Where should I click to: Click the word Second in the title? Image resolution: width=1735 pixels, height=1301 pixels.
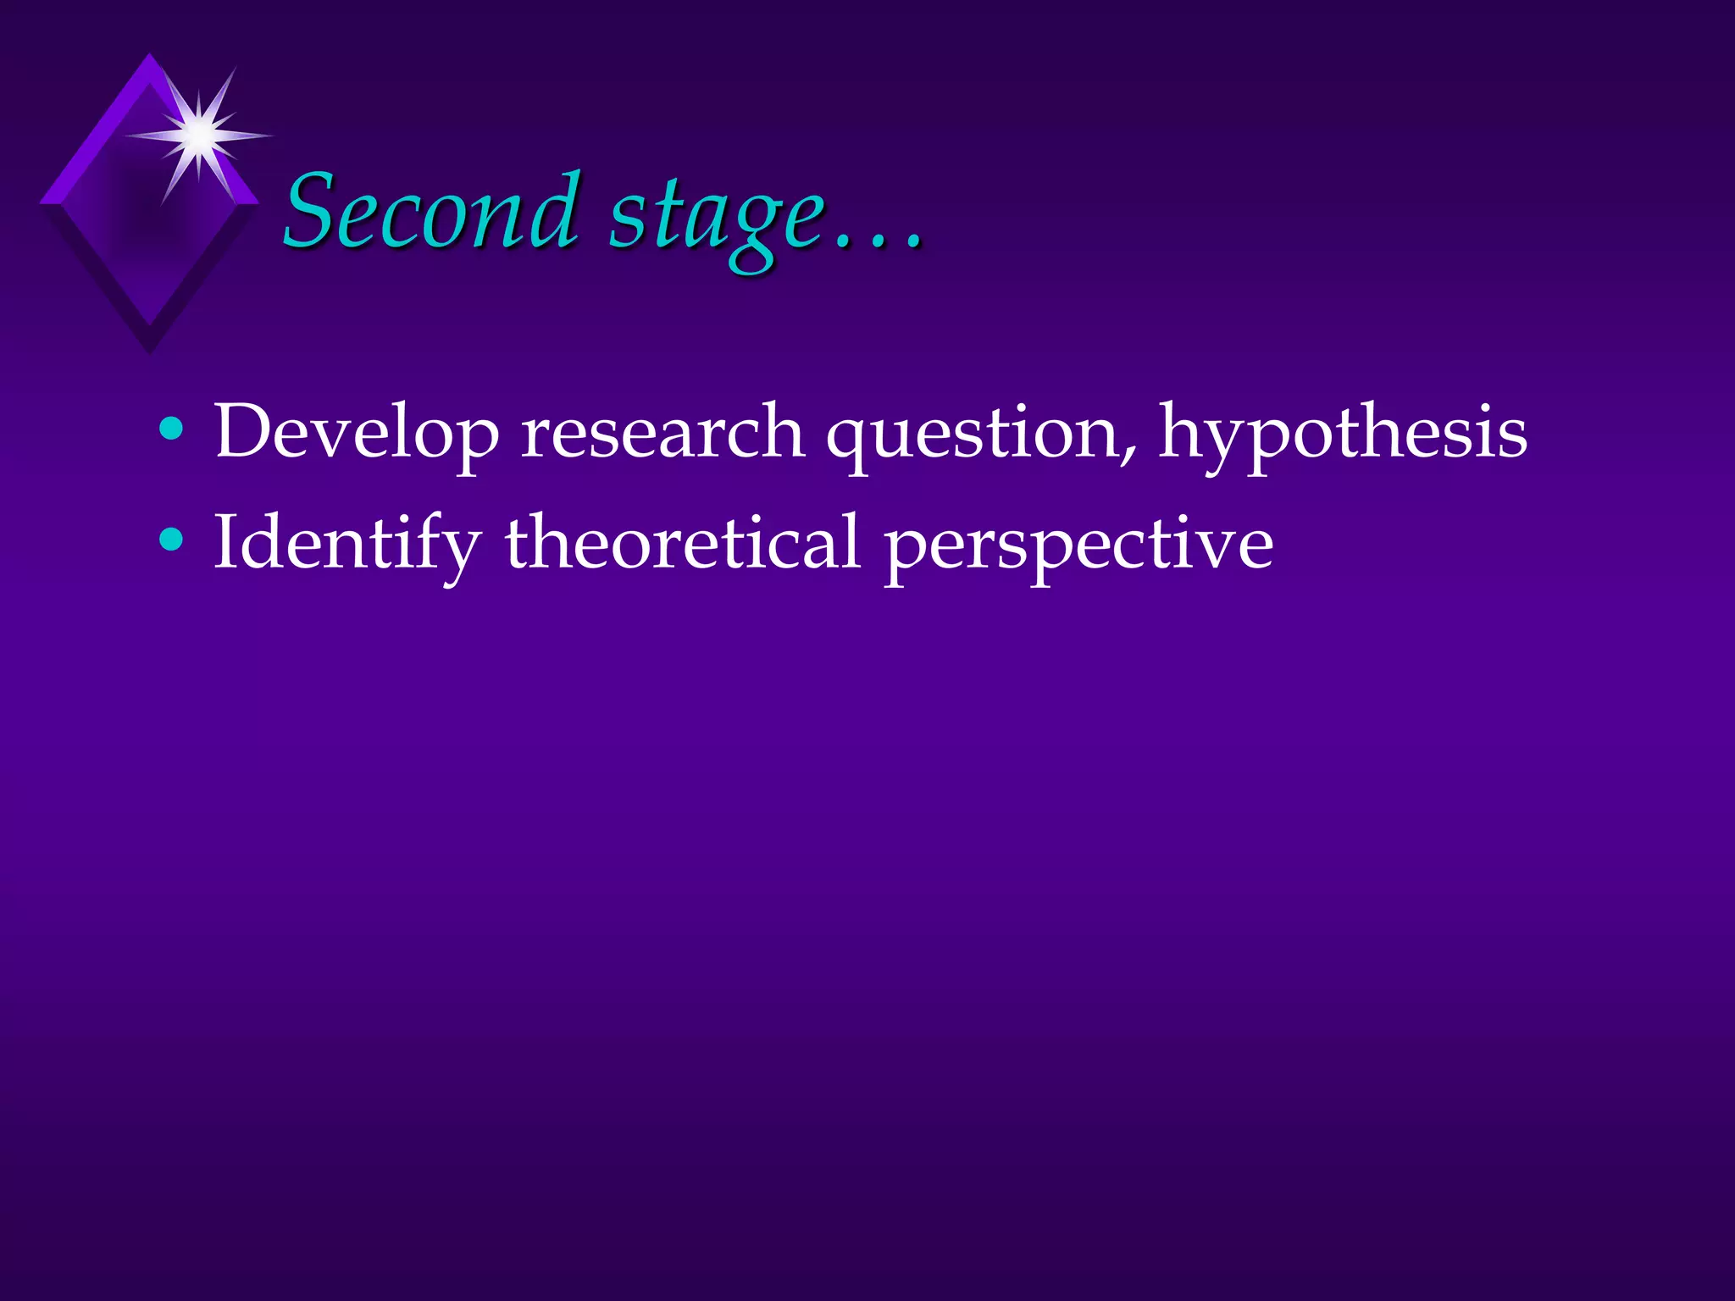(430, 212)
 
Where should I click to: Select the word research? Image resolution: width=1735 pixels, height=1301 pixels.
(662, 432)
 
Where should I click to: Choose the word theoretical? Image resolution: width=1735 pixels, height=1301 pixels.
(683, 542)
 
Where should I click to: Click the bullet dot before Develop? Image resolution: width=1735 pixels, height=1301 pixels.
(171, 429)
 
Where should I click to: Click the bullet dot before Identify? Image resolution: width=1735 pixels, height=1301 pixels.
(171, 539)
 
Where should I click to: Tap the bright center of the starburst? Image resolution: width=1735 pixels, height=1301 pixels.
(200, 135)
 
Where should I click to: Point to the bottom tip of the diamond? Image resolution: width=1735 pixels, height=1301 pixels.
(150, 351)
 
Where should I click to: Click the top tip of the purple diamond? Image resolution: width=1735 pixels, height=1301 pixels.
(150, 55)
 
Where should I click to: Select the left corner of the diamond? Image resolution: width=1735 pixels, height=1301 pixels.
(41, 203)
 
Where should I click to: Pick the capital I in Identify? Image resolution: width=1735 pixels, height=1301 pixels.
(225, 541)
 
